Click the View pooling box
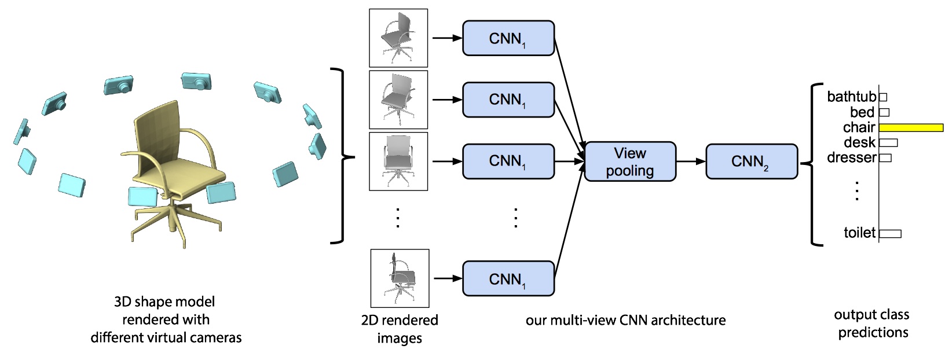[x=630, y=161]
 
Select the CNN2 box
[x=751, y=161]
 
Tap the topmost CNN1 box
[x=508, y=38]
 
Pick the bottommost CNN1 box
[x=508, y=278]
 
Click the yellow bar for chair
[x=911, y=127]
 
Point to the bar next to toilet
[x=890, y=234]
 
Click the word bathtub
[x=852, y=97]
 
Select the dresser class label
[x=851, y=157]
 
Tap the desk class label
[x=859, y=142]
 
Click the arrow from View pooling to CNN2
[x=691, y=161]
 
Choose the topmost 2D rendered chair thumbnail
[x=398, y=38]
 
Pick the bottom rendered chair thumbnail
[x=400, y=278]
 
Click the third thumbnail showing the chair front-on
[x=398, y=161]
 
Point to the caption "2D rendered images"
[x=400, y=329]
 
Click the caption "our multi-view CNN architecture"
[x=625, y=320]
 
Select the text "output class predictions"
[x=872, y=324]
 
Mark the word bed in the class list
[x=862, y=112]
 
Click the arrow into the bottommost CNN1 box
[x=446, y=278]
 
